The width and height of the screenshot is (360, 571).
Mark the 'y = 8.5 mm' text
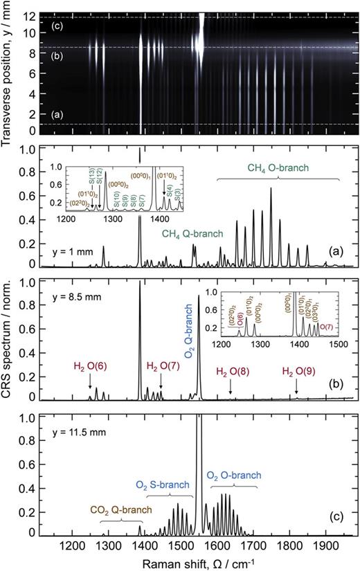(75, 298)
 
